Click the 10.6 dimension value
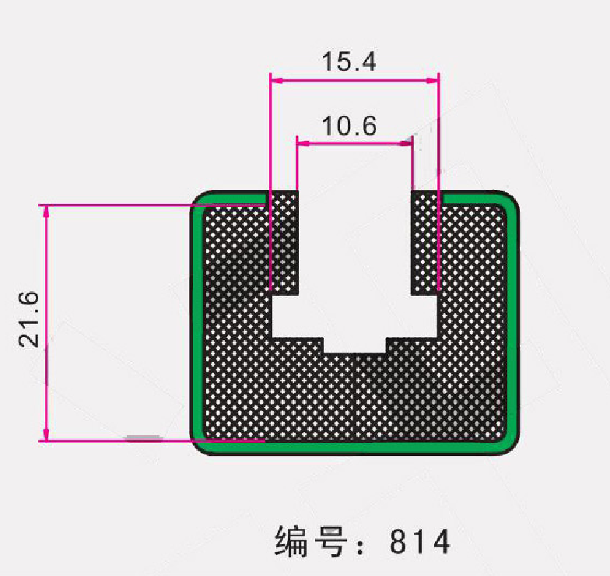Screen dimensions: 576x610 click(349, 125)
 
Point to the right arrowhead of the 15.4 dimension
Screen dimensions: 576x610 click(433, 79)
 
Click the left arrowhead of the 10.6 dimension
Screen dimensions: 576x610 click(303, 143)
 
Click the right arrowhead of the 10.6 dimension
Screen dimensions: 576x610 click(407, 143)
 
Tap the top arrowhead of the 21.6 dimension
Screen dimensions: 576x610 click(47, 211)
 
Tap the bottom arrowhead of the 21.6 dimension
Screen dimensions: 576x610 click(47, 435)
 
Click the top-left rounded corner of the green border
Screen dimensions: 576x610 click(200, 201)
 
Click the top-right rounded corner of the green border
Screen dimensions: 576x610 click(510, 201)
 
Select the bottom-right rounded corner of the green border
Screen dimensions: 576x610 click(510, 445)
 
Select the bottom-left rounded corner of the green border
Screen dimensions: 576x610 click(200, 445)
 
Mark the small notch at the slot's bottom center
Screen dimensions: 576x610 click(355, 345)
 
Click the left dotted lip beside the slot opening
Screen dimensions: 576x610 click(283, 241)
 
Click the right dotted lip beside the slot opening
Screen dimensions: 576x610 click(426, 241)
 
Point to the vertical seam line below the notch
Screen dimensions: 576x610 click(355, 397)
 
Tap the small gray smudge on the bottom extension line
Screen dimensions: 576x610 click(144, 437)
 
